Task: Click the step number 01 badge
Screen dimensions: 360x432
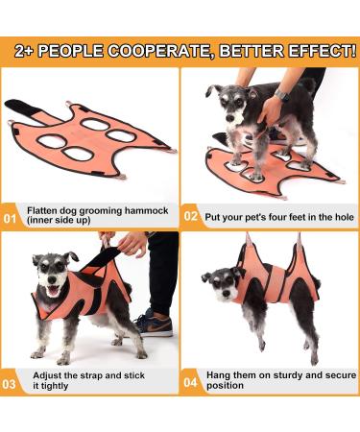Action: tap(10, 219)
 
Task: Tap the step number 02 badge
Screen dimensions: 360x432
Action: tap(191, 216)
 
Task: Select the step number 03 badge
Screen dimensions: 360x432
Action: tap(9, 384)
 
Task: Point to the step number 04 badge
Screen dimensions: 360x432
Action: tap(190, 382)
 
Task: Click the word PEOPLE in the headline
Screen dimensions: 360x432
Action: tap(72, 51)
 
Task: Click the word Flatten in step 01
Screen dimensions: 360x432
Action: tap(42, 211)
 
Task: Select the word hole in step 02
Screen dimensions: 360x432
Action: tap(345, 217)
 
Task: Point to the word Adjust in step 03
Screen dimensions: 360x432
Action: tap(47, 375)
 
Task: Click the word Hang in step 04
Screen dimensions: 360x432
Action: tap(218, 375)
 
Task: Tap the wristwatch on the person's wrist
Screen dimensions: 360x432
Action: tap(281, 95)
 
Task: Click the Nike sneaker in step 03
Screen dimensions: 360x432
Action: tap(155, 324)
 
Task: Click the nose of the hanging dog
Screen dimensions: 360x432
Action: tap(227, 293)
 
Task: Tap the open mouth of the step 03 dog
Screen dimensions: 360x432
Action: tap(54, 291)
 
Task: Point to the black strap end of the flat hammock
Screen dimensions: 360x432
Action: tap(20, 108)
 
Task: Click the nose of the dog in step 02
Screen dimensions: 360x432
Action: tap(229, 118)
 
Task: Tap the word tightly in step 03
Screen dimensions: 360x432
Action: tap(51, 386)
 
